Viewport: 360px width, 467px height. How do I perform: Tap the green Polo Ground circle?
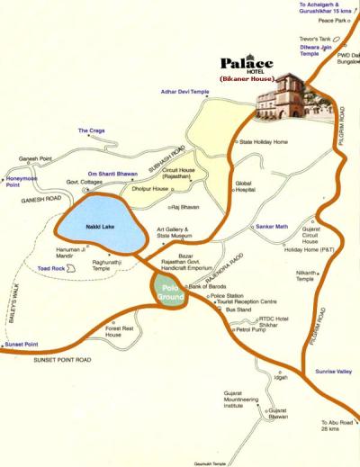pos(166,293)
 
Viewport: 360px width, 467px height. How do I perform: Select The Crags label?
pos(91,131)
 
